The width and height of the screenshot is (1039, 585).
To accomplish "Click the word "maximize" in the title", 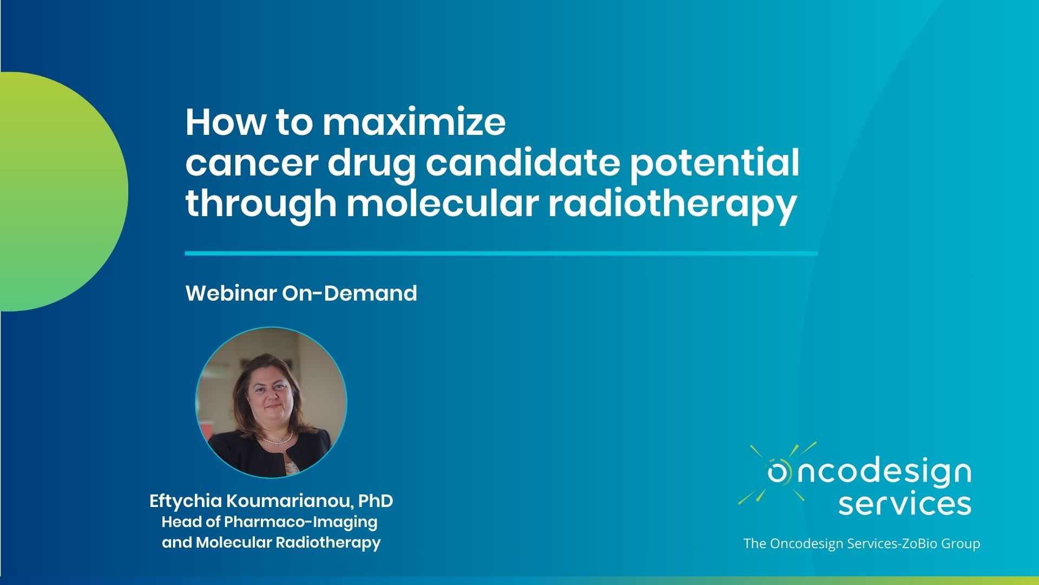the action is pos(415,122).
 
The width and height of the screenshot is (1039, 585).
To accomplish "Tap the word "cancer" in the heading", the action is pos(251,164).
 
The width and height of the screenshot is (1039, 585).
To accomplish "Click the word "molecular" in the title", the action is pos(443,203).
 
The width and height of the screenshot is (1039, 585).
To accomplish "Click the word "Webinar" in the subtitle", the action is pos(231,293).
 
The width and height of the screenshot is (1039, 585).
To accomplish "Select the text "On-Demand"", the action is pos(350,293).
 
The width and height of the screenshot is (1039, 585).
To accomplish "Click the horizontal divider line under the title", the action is pos(501,253).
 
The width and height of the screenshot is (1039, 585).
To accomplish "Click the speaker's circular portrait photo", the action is pos(271,402).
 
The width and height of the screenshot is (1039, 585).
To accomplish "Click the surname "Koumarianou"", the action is pos(289,501).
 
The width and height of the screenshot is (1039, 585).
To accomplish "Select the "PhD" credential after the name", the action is pos(376,501).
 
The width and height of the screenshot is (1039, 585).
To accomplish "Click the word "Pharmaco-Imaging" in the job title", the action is pos(300,522).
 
